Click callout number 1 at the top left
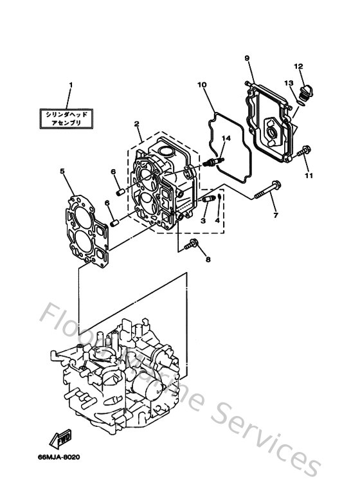[x=71, y=85]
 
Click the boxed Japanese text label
[x=70, y=118]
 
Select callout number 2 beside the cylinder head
[x=136, y=123]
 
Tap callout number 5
[x=62, y=171]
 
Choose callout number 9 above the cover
[x=246, y=59]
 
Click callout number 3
[x=203, y=221]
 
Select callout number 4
[x=218, y=221]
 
